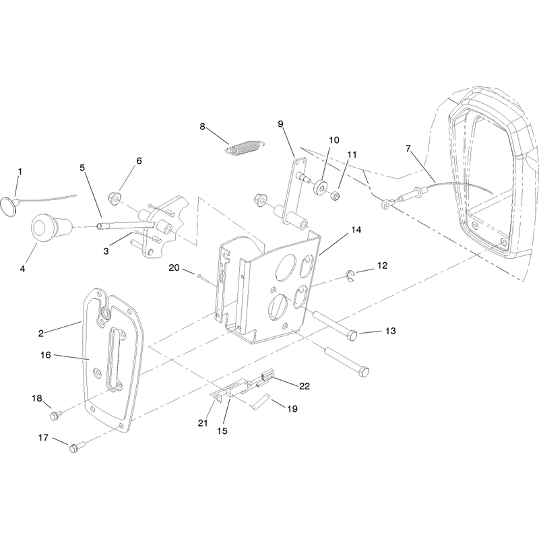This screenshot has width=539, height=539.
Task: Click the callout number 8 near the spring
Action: click(202, 127)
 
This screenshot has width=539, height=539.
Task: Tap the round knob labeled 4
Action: click(52, 228)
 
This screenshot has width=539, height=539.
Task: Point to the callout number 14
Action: click(356, 230)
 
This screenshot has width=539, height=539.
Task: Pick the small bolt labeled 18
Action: click(55, 415)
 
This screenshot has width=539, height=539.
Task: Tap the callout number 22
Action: click(305, 386)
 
